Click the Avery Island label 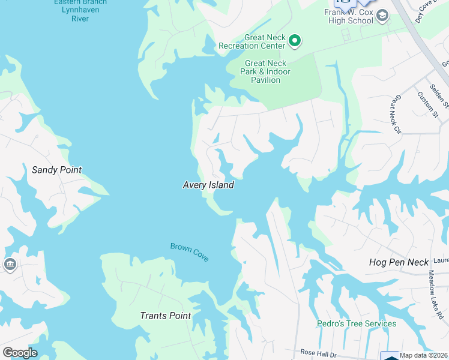pos(208,185)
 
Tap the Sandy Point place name pos(56,170)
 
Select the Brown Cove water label pos(190,251)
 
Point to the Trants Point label pos(165,316)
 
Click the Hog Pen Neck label pos(399,262)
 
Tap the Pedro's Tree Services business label pos(357,324)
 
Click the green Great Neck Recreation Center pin pos(294,41)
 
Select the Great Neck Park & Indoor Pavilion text pos(265,71)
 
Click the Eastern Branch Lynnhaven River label pos(80,10)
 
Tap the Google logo pos(20,353)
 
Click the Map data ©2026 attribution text pos(424,355)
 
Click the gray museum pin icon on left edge pos(10,265)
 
